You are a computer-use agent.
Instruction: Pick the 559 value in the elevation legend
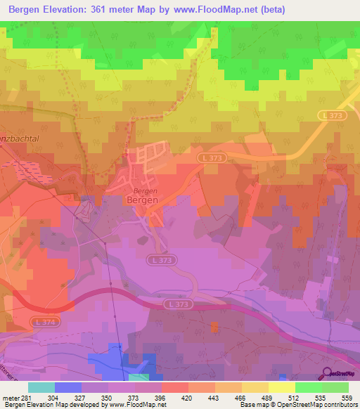347,397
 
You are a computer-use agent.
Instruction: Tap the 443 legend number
215,397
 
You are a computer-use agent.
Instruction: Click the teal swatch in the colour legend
41,387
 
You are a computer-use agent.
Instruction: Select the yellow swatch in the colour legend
281,387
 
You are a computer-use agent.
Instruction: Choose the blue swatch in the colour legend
68,387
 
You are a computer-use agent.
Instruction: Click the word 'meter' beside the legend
11,397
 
